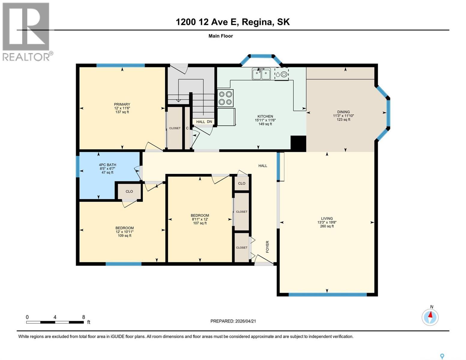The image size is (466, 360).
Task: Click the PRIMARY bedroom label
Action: coord(122,105)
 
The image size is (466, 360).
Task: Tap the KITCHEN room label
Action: coord(265,116)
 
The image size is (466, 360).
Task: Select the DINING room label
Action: coord(343,112)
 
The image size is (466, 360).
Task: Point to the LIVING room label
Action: coord(327,219)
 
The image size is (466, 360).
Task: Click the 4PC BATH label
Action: coord(107,165)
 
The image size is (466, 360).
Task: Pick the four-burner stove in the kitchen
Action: coord(225,98)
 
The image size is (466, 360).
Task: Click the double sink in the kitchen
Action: coord(261,73)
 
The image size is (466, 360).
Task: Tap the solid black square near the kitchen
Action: coord(298,143)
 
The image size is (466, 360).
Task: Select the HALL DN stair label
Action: coord(204,122)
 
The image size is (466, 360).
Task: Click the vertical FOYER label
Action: coord(267,247)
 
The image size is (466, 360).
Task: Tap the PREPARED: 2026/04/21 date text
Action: coord(233,321)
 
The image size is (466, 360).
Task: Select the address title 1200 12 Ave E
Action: coord(233,22)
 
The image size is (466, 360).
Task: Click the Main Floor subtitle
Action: coord(221,36)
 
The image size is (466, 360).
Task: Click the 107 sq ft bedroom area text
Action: coord(200,223)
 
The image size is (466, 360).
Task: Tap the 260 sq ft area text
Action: coord(327,226)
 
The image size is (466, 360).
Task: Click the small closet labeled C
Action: coord(187,128)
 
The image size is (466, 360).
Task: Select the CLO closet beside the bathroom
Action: coord(129,191)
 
